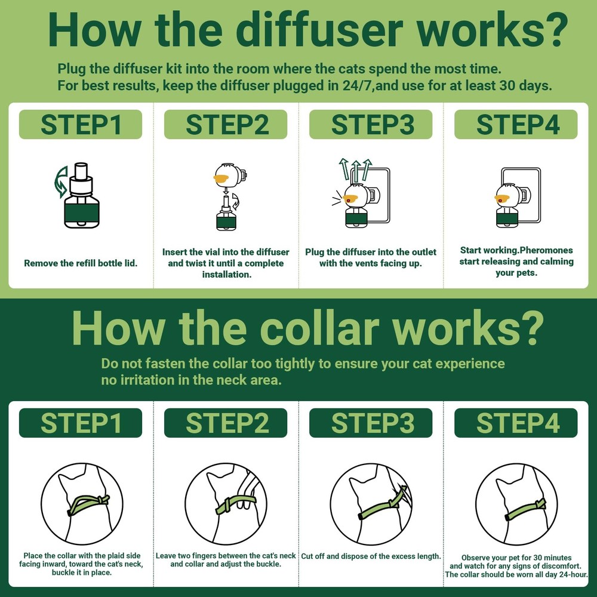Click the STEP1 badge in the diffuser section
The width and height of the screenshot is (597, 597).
pos(81,125)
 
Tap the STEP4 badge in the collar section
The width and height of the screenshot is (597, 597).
pos(516,423)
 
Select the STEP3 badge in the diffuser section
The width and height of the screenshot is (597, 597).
pos(371,125)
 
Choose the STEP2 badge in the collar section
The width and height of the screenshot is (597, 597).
pos(226,423)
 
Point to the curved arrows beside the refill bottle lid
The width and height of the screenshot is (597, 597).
pos(61,182)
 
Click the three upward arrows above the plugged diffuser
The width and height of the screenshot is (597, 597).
pos(355,169)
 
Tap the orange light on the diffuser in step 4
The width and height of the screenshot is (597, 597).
pos(503,198)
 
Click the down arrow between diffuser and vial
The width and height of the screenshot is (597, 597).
pos(226,190)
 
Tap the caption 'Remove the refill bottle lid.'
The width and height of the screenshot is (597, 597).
pos(81,263)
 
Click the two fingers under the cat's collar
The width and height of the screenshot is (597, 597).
pos(242,504)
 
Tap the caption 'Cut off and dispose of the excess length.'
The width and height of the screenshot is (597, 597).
pos(371,556)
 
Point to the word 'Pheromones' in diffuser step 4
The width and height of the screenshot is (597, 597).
pos(546,250)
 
